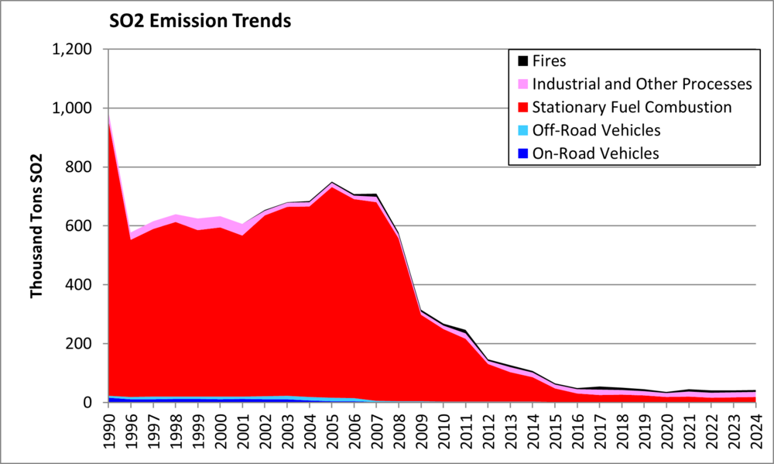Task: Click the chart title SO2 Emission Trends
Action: point(200,21)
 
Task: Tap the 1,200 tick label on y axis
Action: point(71,50)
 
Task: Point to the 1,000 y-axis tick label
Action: point(71,108)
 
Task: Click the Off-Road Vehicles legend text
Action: point(596,130)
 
